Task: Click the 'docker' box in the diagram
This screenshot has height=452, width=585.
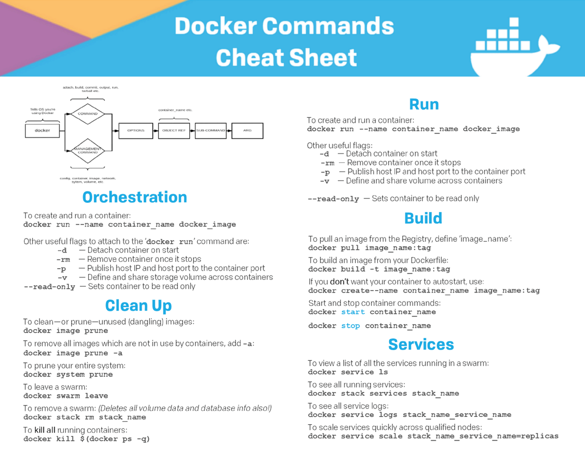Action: pos(42,131)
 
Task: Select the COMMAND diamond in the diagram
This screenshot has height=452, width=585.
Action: pos(88,114)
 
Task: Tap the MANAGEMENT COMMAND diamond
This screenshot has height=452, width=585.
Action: pos(88,150)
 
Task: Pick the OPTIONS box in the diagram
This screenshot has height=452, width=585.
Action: pos(136,131)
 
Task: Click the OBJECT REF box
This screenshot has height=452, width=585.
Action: pos(174,131)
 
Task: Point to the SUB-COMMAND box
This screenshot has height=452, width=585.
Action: pos(211,131)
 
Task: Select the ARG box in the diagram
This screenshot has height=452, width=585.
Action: pos(247,131)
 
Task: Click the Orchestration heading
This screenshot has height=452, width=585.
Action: pos(135,197)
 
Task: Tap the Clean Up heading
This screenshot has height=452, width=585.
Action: pos(138,306)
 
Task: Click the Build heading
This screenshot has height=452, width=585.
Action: pos(423,218)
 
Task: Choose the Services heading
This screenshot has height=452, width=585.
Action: pos(421,344)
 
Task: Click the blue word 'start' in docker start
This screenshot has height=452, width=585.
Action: pos(353,312)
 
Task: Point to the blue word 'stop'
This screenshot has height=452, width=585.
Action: pos(351,326)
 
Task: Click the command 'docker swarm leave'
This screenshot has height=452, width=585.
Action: pos(65,396)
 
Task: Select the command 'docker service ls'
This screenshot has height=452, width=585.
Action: pos(348,372)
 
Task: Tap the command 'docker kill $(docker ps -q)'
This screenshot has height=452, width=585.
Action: pos(86,439)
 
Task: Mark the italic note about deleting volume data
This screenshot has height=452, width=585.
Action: pos(185,408)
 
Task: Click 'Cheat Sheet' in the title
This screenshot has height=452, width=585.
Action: pos(286,58)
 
